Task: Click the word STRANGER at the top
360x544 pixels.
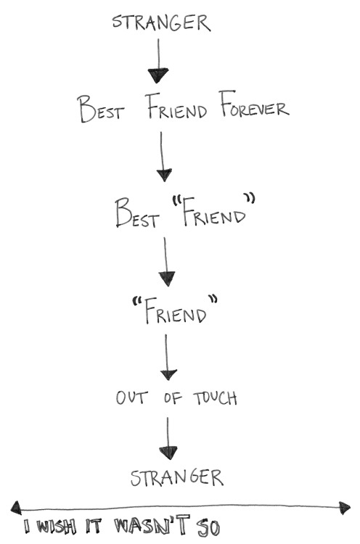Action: pyautogui.click(x=161, y=23)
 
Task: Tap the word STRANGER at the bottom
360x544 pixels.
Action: pyautogui.click(x=177, y=477)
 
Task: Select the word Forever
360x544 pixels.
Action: pyautogui.click(x=254, y=104)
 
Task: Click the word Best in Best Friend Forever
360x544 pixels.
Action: pyautogui.click(x=100, y=109)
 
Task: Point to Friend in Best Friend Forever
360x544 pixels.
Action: pyautogui.click(x=176, y=106)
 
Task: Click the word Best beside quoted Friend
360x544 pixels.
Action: pyautogui.click(x=137, y=213)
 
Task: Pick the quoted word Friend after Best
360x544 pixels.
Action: pyautogui.click(x=213, y=211)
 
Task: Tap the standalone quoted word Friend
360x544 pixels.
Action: pyautogui.click(x=175, y=310)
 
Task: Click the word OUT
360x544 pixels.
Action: pyautogui.click(x=131, y=397)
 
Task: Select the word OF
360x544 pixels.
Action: pyautogui.click(x=173, y=398)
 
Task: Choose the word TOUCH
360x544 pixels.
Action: pyautogui.click(x=216, y=397)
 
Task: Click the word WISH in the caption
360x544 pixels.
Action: pyautogui.click(x=56, y=527)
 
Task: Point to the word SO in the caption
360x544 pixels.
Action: pyautogui.click(x=208, y=527)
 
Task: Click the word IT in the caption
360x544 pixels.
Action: pyautogui.click(x=94, y=527)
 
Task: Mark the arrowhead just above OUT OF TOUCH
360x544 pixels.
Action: pyautogui.click(x=168, y=374)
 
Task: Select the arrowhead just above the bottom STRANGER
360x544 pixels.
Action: pyautogui.click(x=168, y=453)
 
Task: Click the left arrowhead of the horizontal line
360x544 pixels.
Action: pyautogui.click(x=16, y=508)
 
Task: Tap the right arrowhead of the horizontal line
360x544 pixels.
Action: pyautogui.click(x=345, y=508)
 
